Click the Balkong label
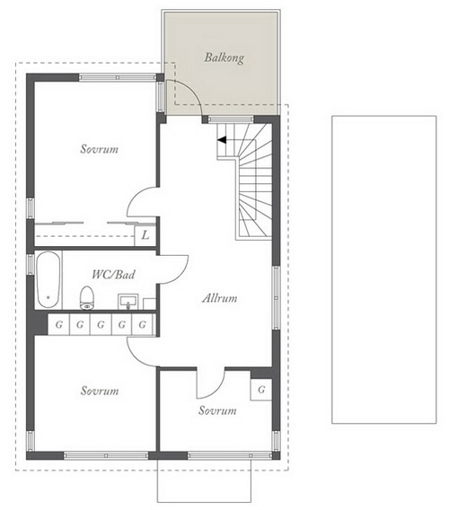pyautogui.click(x=224, y=57)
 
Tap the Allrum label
pyautogui.click(x=220, y=298)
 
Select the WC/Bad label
pyautogui.click(x=113, y=275)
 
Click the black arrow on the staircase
pyautogui.click(x=222, y=140)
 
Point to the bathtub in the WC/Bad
pyautogui.click(x=48, y=280)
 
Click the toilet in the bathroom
pyautogui.click(x=86, y=297)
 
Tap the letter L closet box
pyautogui.click(x=145, y=235)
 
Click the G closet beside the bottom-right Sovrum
pyautogui.click(x=261, y=390)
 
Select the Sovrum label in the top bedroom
pyautogui.click(x=100, y=149)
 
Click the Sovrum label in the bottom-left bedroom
pyautogui.click(x=100, y=391)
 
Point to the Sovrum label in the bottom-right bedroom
pyautogui.click(x=217, y=410)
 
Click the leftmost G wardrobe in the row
pyautogui.click(x=59, y=324)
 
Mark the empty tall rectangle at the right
pyautogui.click(x=384, y=269)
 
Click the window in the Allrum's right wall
pyautogui.click(x=276, y=297)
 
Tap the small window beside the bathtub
pyautogui.click(x=31, y=263)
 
